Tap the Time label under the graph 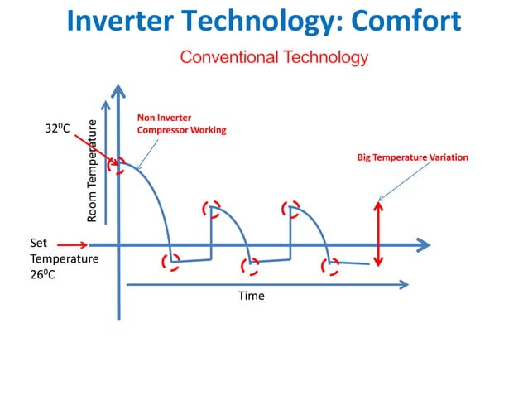(x=251, y=296)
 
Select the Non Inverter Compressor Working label (x=181, y=124)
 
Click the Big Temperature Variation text (x=412, y=157)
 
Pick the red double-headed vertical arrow (x=378, y=234)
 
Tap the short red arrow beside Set (x=72, y=244)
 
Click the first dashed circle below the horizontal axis (x=171, y=262)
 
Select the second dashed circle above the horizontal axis (x=290, y=208)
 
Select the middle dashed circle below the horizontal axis (x=249, y=266)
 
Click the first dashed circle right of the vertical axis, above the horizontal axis (x=212, y=208)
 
